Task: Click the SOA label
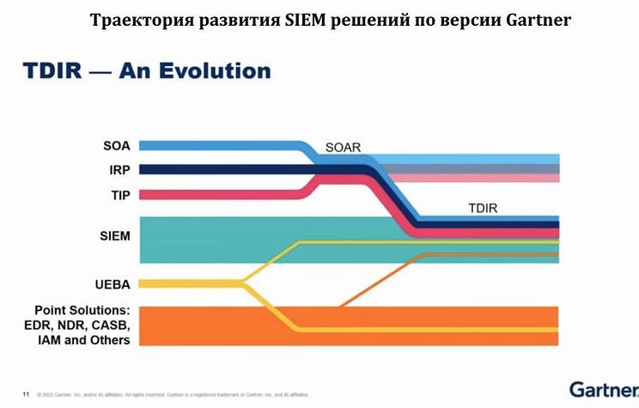click(x=117, y=145)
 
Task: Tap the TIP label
click(x=120, y=195)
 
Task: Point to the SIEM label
click(x=114, y=235)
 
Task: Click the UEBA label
click(x=113, y=283)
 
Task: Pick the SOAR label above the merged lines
click(x=343, y=148)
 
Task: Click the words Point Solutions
click(x=82, y=309)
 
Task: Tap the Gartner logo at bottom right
click(x=600, y=388)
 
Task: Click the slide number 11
click(x=25, y=394)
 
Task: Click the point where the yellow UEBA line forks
click(x=243, y=283)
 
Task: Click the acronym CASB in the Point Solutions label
click(x=110, y=325)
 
